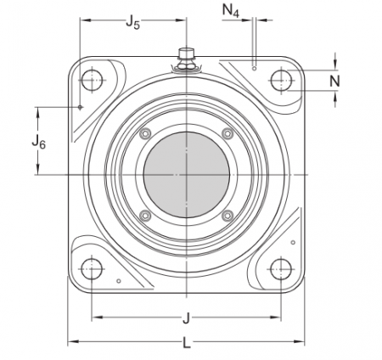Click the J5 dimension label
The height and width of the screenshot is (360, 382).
point(132,23)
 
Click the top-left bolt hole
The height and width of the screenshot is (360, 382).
point(91,81)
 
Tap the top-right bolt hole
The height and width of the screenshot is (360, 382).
point(280,81)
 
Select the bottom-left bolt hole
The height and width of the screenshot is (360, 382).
point(91,269)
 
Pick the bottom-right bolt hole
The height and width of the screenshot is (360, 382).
point(280,269)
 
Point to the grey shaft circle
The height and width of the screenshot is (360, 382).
point(185,175)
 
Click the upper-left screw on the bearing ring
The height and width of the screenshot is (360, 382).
point(145,134)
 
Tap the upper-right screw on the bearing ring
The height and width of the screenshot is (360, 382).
point(226,134)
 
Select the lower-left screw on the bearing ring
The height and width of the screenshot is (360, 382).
point(145,216)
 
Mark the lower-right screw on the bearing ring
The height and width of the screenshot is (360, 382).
point(226,216)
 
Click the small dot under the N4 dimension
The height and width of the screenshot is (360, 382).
point(254,65)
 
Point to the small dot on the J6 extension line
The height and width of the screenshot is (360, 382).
point(79,107)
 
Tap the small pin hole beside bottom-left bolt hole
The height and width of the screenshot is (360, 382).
point(119,279)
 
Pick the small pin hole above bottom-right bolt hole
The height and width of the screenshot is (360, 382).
point(292,243)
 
